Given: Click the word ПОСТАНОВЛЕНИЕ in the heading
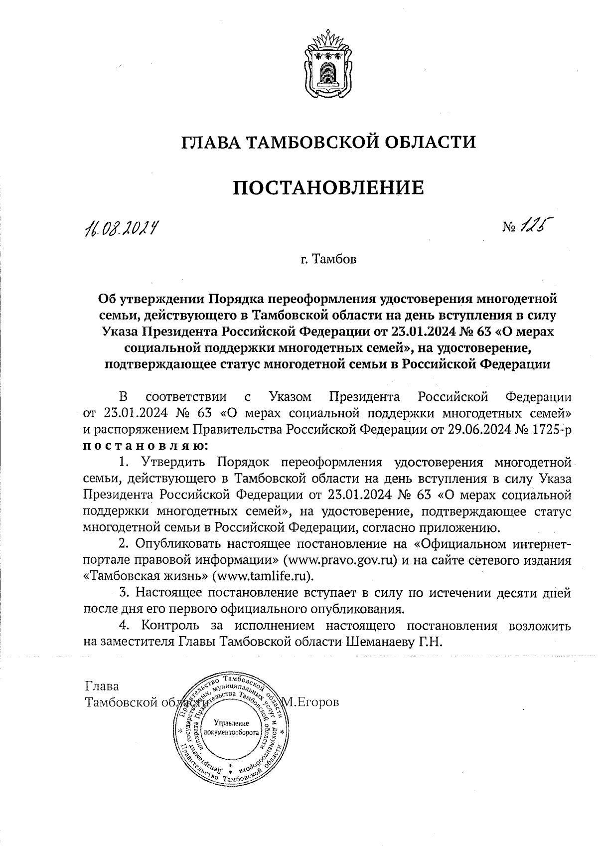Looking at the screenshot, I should tap(328, 188).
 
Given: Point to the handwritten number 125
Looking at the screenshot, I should tap(537, 226).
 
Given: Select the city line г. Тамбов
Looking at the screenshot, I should tap(328, 260).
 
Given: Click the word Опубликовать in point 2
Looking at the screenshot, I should tap(181, 543).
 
